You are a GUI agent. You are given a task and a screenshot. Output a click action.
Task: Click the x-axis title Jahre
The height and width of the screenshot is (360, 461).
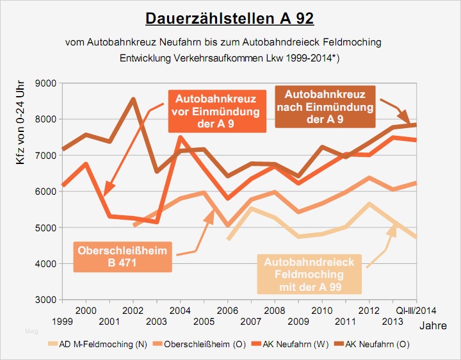[433, 325]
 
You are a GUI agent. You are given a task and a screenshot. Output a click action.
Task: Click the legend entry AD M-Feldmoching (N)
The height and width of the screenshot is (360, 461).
[103, 344]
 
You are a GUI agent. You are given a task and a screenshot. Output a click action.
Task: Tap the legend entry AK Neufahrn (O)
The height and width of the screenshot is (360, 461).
[378, 344]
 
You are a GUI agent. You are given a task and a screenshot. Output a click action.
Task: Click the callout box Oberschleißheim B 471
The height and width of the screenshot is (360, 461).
[122, 256]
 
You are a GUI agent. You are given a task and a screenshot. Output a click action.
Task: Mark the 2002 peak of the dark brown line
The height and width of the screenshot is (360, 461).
[133, 99]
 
